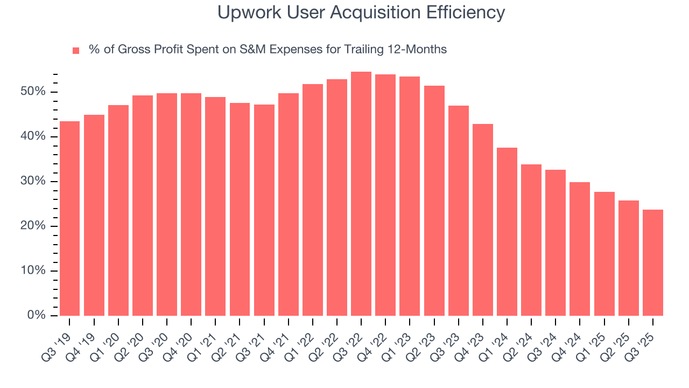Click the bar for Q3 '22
click(x=361, y=194)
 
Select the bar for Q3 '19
click(x=69, y=218)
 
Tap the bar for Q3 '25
click(x=652, y=262)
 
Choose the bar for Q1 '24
click(x=507, y=232)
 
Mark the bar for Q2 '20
click(x=143, y=205)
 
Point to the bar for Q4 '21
click(x=288, y=204)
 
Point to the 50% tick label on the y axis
click(x=33, y=92)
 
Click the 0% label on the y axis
click(x=36, y=315)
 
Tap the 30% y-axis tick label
click(x=33, y=182)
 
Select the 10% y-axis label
click(x=33, y=271)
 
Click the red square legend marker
click(x=76, y=50)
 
